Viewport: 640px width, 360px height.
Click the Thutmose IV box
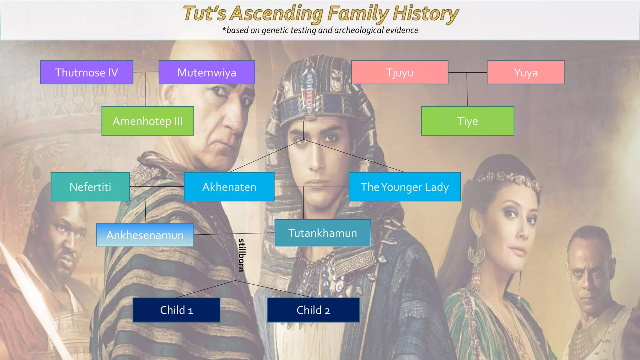point(87,72)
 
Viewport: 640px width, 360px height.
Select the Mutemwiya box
point(207,72)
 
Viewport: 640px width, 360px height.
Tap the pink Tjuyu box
point(400,72)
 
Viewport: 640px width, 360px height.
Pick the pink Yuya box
point(526,72)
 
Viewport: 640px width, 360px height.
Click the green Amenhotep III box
point(147,121)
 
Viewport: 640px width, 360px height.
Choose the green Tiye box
point(467,121)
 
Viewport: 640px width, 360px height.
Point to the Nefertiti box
point(90,187)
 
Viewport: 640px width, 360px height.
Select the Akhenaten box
point(229,187)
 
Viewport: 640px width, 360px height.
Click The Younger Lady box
point(404,187)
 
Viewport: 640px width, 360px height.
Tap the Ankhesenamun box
point(145,235)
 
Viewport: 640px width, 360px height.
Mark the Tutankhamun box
point(322,233)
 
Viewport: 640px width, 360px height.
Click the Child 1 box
point(176,310)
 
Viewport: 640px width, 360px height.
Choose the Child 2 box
point(313,310)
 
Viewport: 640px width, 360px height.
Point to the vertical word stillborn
point(241,255)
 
